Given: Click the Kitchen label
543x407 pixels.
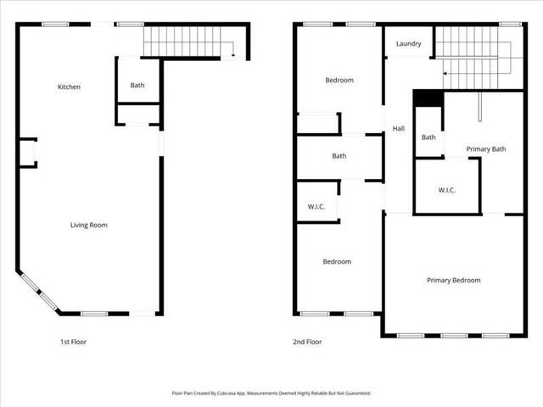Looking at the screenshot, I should pyautogui.click(x=69, y=87).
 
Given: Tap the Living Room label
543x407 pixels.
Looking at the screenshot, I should pyautogui.click(x=88, y=225).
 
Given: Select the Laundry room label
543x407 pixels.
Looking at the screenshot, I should pyautogui.click(x=409, y=43).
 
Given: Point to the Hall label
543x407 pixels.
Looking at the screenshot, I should pyautogui.click(x=398, y=129).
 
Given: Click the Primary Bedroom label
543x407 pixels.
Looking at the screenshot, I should pyautogui.click(x=453, y=280).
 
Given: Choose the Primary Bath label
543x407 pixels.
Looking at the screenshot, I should pyautogui.click(x=486, y=149).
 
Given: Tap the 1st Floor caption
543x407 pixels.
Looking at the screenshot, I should pyautogui.click(x=73, y=342).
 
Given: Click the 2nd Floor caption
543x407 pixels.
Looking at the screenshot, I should pyautogui.click(x=308, y=342).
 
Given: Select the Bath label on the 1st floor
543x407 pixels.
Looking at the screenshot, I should pyautogui.click(x=137, y=85).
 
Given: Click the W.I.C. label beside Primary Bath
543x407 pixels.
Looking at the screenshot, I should pyautogui.click(x=447, y=190).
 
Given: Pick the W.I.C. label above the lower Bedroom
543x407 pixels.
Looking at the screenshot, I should pyautogui.click(x=316, y=208).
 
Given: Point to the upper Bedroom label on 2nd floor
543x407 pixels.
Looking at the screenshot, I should pyautogui.click(x=339, y=81).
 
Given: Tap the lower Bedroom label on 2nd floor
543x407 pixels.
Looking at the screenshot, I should pyautogui.click(x=337, y=261).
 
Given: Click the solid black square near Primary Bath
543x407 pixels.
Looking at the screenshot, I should pyautogui.click(x=428, y=98).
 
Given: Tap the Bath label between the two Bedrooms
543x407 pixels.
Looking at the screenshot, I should pyautogui.click(x=339, y=156).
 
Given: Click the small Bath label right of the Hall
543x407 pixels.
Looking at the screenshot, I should pyautogui.click(x=428, y=137).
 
